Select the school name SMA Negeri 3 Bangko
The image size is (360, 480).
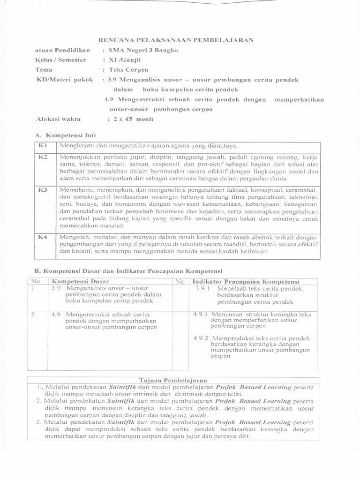point(143,50)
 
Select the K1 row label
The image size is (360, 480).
point(43,146)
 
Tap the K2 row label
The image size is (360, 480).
point(43,157)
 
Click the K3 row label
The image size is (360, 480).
point(43,190)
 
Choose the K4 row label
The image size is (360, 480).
point(43,237)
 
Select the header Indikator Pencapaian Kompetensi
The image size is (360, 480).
point(246,281)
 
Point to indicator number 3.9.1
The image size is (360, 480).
point(204,289)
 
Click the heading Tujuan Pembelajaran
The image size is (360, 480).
point(173,380)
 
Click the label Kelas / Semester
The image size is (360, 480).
point(60,60)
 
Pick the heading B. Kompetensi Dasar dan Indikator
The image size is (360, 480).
point(128,271)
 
